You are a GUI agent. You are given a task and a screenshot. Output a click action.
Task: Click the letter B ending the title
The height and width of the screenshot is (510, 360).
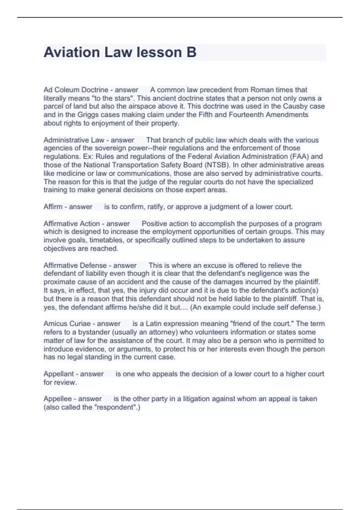point(191,52)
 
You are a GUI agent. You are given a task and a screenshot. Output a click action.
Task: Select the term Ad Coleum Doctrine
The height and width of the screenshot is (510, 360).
point(76,90)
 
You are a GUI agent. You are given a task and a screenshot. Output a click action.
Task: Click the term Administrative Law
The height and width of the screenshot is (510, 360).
point(74,140)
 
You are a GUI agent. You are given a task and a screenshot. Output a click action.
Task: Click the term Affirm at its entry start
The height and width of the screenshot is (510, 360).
point(53,207)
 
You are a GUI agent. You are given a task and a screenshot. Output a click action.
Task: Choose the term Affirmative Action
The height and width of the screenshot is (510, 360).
point(71,223)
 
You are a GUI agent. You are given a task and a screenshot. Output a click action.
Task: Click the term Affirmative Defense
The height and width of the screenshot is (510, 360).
point(75,265)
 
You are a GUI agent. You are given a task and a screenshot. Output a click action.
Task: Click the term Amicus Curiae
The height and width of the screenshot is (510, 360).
point(67,324)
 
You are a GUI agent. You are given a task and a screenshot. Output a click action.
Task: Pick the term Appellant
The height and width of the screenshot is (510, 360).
point(58,374)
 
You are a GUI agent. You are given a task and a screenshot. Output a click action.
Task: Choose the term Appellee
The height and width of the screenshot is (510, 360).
point(58,399)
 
